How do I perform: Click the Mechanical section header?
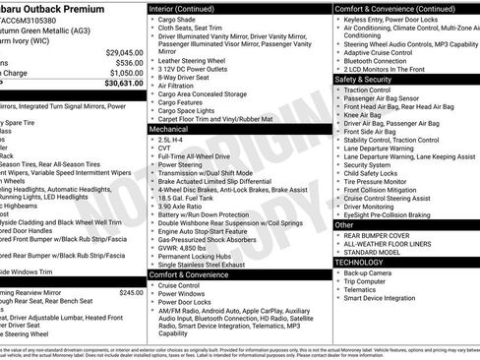(169, 128)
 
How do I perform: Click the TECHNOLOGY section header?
(359, 263)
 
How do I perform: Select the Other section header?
(344, 225)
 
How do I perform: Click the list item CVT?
(165, 149)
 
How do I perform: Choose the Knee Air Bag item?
(365, 115)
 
